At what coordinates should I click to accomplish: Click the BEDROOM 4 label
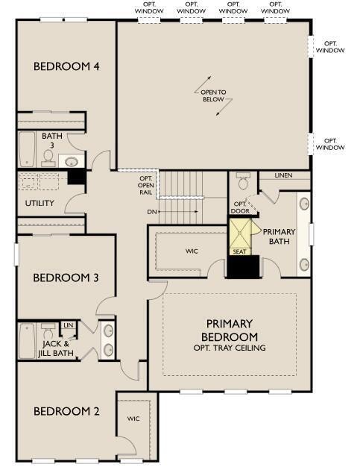(66, 66)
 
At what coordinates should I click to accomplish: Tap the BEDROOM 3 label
(66, 278)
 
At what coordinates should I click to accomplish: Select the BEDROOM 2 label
(66, 410)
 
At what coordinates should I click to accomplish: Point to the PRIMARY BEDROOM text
(230, 329)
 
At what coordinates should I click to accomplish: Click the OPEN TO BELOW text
(213, 95)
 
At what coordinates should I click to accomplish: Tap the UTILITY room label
(40, 203)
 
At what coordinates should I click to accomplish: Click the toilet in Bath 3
(48, 156)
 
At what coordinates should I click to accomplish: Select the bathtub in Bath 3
(26, 149)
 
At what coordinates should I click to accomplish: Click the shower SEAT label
(240, 251)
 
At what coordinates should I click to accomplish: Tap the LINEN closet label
(283, 175)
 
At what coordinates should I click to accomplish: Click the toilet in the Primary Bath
(243, 182)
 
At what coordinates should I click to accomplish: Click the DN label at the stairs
(151, 211)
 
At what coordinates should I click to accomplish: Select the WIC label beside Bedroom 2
(133, 419)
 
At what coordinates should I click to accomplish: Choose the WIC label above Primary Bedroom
(192, 251)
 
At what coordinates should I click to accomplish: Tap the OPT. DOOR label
(240, 207)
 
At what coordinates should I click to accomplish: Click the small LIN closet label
(68, 325)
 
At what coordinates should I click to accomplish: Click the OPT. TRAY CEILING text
(230, 348)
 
